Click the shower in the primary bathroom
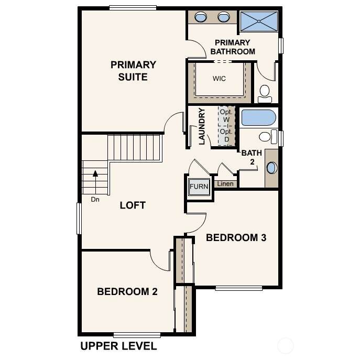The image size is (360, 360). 259,21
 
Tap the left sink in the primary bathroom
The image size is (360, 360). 200,17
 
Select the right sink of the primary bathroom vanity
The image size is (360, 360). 224,17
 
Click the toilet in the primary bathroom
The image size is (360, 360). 265,94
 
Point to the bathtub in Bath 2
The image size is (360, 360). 259,117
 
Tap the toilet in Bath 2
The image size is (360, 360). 268,137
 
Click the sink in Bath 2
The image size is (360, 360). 271,168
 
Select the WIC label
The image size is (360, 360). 219,79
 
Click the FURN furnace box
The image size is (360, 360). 199,187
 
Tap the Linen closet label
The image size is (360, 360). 225,184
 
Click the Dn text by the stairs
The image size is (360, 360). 95,200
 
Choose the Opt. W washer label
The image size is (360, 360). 226,116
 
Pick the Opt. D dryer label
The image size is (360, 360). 226,136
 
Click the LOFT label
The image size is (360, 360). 133,205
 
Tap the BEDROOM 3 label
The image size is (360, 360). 236,237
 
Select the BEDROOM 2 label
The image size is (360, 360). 127,291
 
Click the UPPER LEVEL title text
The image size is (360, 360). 118,346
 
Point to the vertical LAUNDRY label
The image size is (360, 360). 202,126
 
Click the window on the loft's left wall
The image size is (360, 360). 79,219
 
